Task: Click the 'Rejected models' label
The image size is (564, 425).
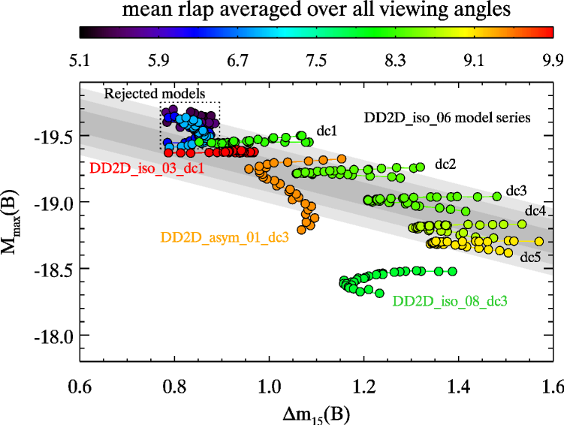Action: [x=154, y=93]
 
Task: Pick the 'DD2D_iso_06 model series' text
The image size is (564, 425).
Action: [x=443, y=117]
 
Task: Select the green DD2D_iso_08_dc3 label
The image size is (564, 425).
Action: [x=450, y=301]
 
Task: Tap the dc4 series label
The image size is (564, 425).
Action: [x=535, y=209]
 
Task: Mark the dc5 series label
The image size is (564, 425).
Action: [x=531, y=257]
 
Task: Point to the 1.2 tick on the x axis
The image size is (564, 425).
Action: [x=364, y=389]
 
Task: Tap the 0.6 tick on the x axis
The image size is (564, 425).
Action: [x=80, y=389]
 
